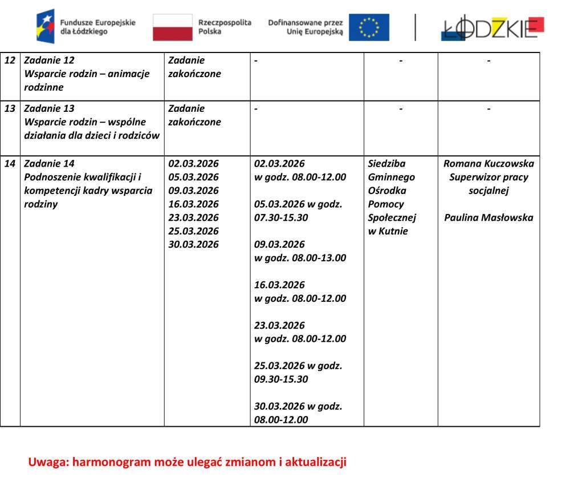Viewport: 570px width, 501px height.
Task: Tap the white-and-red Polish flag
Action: pos(172,27)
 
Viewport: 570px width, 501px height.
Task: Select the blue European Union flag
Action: pos(369,27)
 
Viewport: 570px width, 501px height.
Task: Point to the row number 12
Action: pos(10,60)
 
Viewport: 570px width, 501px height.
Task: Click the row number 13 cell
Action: pos(10,108)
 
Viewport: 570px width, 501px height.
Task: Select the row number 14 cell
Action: pos(10,164)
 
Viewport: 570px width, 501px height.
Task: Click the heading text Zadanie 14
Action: pos(49,164)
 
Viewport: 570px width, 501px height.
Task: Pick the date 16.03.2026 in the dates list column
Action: pos(193,204)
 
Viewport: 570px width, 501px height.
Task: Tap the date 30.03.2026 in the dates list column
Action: pos(193,245)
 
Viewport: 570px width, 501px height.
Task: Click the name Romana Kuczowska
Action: pos(488,164)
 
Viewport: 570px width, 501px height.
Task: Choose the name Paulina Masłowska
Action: pos(488,217)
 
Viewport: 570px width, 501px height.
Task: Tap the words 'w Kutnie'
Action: pos(388,231)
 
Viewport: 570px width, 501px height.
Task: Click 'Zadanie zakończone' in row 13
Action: pos(194,115)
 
